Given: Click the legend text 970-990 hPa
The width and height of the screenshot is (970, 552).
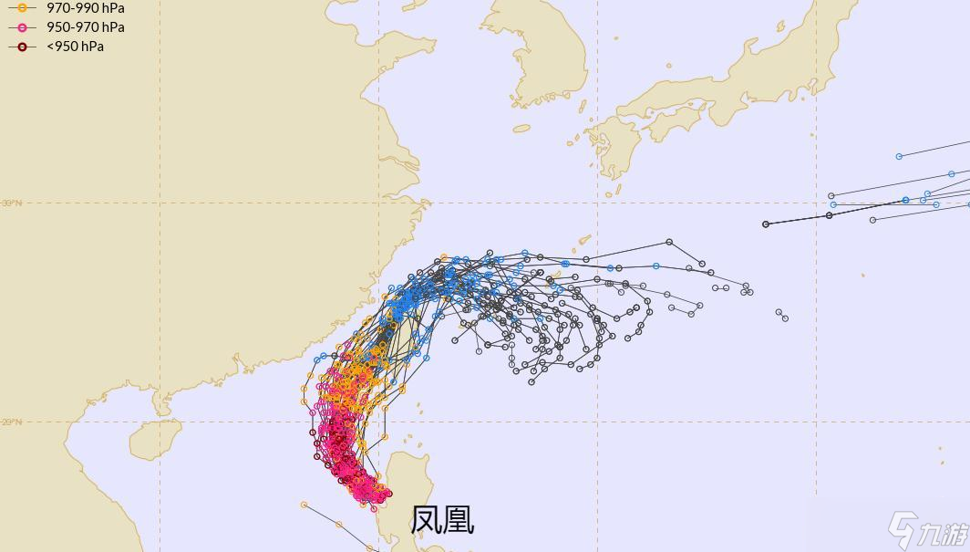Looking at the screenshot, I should (x=85, y=8).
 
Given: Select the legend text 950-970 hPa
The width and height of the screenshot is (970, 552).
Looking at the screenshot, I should (x=85, y=27).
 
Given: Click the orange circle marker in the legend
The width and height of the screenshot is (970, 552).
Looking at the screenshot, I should (x=22, y=8).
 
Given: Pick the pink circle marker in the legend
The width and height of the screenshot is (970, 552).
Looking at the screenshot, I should (x=22, y=27).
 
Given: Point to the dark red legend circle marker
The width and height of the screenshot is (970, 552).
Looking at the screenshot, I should (x=22, y=47).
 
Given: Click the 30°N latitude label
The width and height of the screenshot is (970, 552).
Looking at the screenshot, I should (x=11, y=203).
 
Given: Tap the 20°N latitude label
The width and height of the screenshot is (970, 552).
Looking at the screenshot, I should (x=11, y=422).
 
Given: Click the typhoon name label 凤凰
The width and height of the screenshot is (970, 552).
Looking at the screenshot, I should (x=442, y=520).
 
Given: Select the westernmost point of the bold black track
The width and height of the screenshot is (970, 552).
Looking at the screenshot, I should (x=766, y=224).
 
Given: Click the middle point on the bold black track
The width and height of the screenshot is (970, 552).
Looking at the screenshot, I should (x=829, y=215).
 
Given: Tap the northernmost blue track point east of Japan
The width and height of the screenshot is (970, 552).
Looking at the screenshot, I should (x=899, y=156).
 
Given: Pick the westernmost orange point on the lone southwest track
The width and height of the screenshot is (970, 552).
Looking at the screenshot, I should (x=304, y=505).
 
